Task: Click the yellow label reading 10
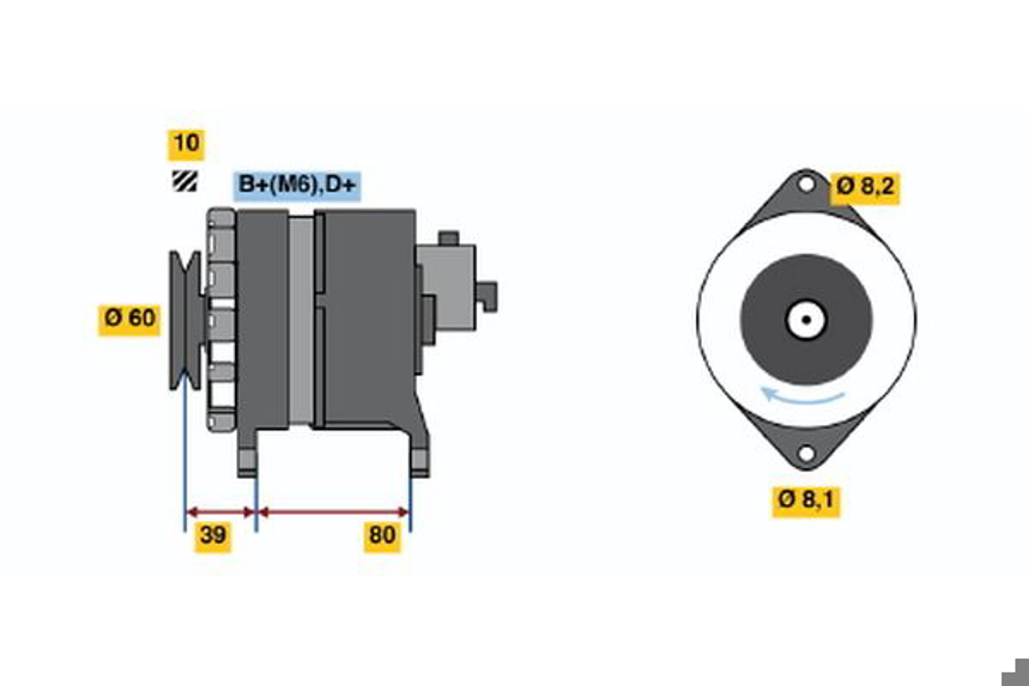pos(186,145)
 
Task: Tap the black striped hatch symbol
pos(185,181)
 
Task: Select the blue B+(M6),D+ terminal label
pos(297,186)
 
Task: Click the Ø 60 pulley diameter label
pos(129,320)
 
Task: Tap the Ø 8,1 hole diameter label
pos(806,502)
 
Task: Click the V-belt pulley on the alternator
pos(186,320)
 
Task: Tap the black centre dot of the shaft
pos(806,320)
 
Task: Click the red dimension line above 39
pos(220,512)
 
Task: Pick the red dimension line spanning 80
pos(334,512)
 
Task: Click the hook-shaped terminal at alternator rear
pos(487,297)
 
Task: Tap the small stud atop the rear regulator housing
pos(448,238)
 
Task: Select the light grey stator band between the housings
pos(301,321)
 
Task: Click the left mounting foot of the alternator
pos(247,455)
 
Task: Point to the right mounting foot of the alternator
pos(420,455)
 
